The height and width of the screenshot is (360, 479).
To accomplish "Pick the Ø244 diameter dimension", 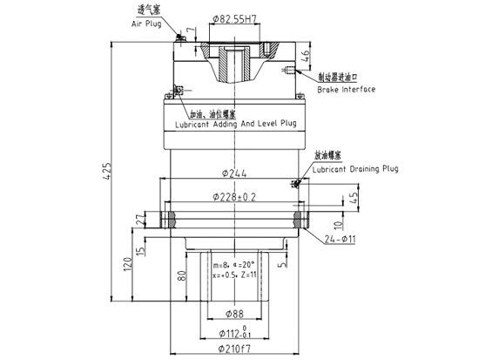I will tap(233, 173).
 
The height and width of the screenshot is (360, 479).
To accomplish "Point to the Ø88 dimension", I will tap(233, 313).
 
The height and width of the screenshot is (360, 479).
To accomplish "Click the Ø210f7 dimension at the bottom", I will tap(233, 350).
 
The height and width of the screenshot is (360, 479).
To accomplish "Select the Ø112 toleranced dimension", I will tap(233, 332).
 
